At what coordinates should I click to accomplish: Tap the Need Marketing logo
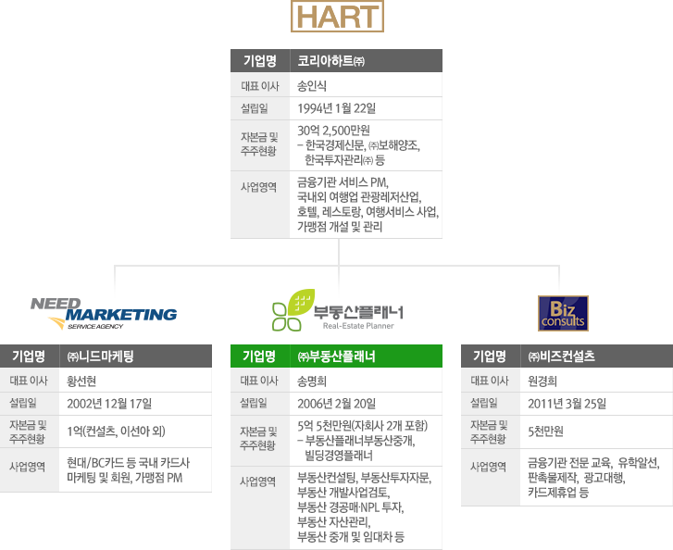point(103,313)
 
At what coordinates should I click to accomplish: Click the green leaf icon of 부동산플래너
point(291,310)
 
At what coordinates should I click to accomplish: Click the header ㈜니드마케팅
point(102,356)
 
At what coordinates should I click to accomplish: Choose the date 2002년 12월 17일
point(109,403)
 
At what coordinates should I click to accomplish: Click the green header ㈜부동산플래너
point(336,356)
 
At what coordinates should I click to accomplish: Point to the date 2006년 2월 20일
point(336,403)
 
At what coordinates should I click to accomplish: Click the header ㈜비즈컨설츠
point(561,356)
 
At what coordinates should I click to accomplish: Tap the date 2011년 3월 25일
point(567,403)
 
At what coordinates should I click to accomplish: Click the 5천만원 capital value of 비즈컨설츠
point(545,431)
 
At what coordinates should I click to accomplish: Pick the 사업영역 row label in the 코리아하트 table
point(259,187)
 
